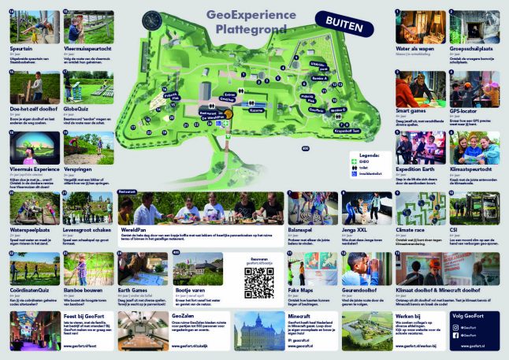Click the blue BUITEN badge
coord(343,25)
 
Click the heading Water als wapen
coord(412,49)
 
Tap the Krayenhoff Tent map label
coord(350,131)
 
